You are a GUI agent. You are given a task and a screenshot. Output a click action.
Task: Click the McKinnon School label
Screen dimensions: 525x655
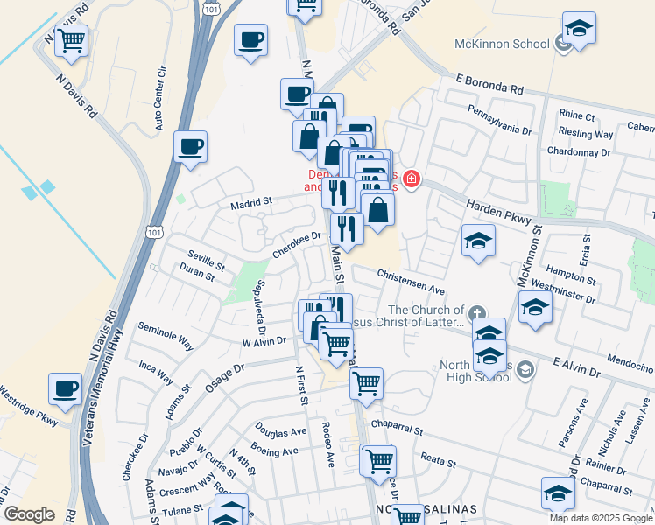pos(500,44)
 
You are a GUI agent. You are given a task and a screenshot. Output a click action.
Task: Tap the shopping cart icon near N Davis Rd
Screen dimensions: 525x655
pos(70,39)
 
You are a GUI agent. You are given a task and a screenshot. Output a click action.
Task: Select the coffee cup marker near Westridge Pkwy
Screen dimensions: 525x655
pos(65,388)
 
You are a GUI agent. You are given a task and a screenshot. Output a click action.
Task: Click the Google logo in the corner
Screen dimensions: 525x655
pos(29,514)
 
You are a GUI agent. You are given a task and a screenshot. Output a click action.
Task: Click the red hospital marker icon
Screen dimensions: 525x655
pos(409,181)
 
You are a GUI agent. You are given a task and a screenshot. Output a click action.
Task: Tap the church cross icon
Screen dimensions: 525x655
pos(476,312)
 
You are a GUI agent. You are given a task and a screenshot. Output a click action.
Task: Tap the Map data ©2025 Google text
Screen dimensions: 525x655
pos(600,518)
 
